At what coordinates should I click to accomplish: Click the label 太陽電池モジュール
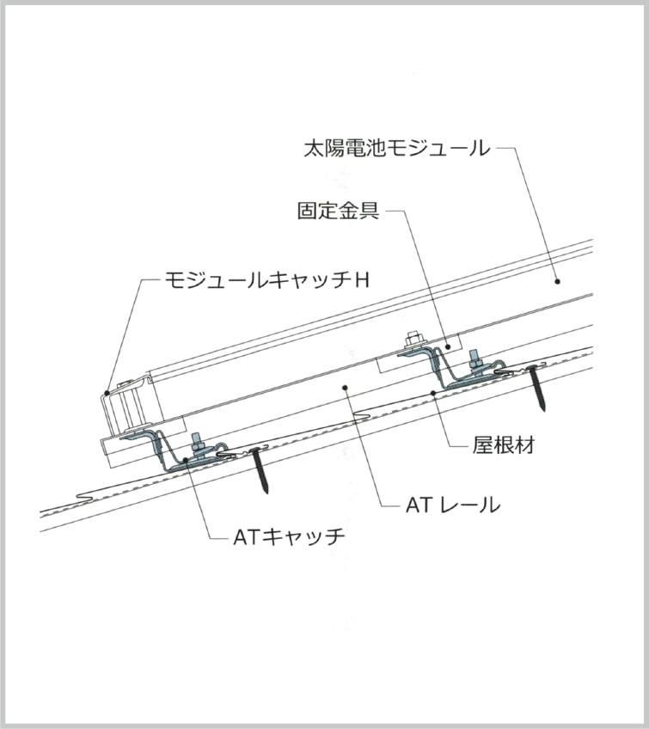tap(397, 149)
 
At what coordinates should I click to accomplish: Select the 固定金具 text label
tap(339, 211)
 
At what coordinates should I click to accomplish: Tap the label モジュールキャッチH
tap(267, 280)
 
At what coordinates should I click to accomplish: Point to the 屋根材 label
tap(504, 445)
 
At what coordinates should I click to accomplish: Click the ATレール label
tap(453, 505)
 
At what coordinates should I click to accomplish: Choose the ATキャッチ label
tap(289, 537)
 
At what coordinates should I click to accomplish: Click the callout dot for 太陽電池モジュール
tap(557, 281)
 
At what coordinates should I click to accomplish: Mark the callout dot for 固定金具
tap(447, 346)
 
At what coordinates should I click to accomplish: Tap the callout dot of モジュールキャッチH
tap(107, 393)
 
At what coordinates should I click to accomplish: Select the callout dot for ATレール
tap(345, 387)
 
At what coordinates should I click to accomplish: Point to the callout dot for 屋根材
tap(433, 393)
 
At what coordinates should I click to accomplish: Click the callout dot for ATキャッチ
tap(186, 460)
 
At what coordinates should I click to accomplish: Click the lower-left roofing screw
tap(260, 470)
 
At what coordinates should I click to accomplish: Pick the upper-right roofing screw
tap(537, 388)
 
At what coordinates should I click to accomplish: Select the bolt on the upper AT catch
tap(475, 361)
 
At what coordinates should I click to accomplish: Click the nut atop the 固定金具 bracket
tap(412, 340)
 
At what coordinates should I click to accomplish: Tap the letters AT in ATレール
tap(419, 505)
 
